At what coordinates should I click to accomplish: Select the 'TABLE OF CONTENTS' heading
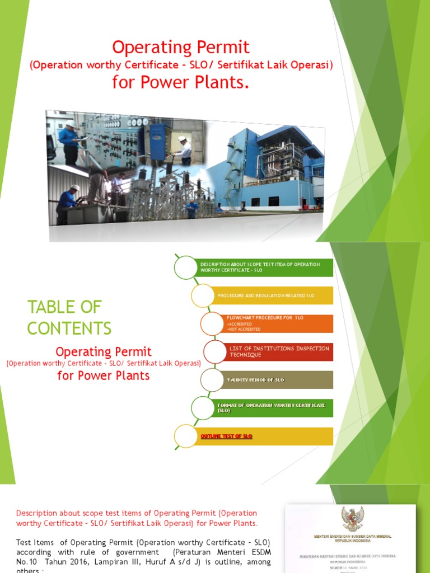pyautogui.click(x=69, y=317)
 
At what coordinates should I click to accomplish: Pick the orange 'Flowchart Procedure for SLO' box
pyautogui.click(x=277, y=323)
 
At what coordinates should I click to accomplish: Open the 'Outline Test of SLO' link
pyautogui.click(x=227, y=436)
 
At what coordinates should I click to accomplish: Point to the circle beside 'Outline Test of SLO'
pyautogui.click(x=185, y=436)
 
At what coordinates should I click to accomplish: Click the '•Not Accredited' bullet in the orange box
pyautogui.click(x=244, y=329)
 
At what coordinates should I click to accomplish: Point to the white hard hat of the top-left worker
pyautogui.click(x=71, y=123)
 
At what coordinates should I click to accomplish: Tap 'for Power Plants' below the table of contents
pyautogui.click(x=104, y=375)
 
